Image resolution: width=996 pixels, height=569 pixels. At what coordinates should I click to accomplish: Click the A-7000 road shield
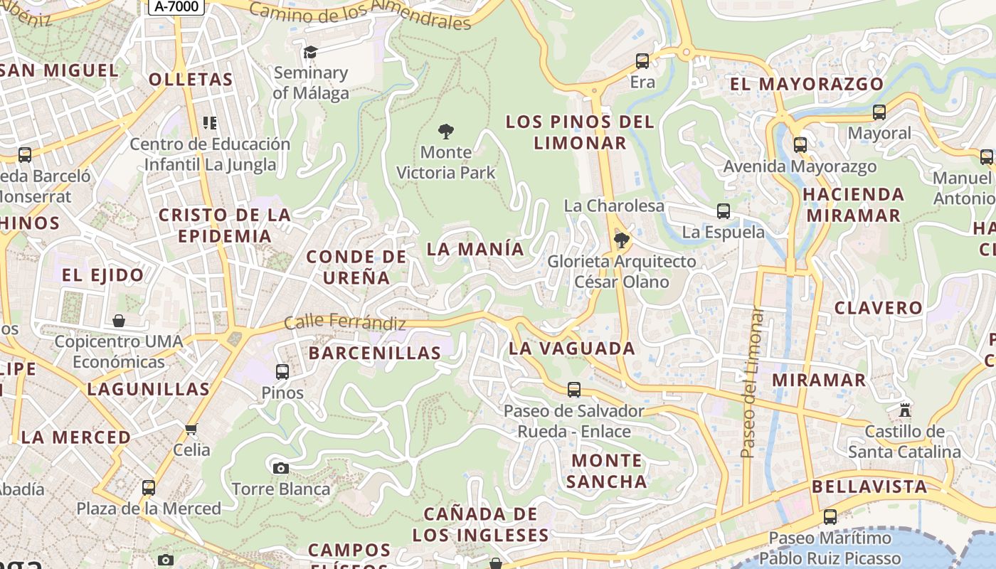tap(176, 6)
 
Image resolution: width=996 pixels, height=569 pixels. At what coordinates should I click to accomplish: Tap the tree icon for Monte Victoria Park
tap(446, 132)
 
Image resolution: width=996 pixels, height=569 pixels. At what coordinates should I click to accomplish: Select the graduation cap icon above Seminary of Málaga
tap(310, 52)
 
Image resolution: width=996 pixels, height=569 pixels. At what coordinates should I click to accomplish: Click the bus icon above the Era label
tap(642, 61)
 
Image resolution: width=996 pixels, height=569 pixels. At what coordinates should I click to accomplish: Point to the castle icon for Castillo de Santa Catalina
tap(905, 410)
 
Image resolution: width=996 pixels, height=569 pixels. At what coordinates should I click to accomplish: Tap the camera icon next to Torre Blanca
tap(281, 468)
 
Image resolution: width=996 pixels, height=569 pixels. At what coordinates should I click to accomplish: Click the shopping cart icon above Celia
tap(191, 429)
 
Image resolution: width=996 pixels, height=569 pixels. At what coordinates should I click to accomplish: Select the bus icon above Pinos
tap(282, 371)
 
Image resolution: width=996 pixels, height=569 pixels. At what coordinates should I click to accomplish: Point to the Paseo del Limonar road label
tap(751, 383)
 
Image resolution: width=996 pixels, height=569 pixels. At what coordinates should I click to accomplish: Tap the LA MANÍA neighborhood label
tap(475, 250)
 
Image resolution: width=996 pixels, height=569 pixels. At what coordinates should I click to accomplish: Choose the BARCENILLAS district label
tap(375, 353)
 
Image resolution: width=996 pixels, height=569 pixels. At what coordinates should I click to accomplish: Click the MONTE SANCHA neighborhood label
tap(607, 471)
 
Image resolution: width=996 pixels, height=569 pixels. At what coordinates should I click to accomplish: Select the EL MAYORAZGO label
tap(807, 84)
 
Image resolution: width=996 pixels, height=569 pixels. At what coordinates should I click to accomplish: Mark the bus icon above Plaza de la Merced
tap(149, 488)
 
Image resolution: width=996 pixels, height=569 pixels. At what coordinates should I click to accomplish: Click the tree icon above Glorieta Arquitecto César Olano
tap(621, 240)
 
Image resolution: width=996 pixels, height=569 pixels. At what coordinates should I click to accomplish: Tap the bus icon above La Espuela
tap(724, 211)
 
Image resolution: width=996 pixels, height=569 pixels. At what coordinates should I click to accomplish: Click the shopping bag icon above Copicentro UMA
tap(119, 321)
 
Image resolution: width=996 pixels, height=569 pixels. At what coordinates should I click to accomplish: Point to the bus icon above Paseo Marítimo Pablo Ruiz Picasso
tap(830, 517)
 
